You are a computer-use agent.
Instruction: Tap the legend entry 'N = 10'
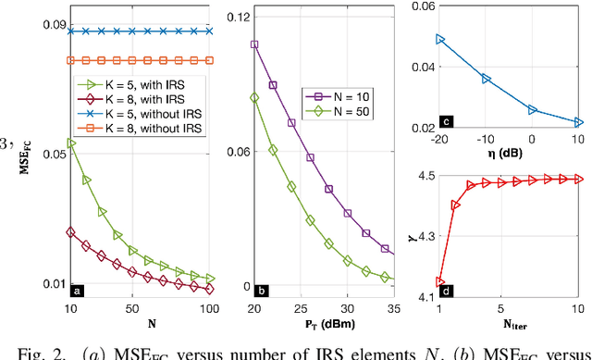[346, 94]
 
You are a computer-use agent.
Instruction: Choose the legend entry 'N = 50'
[346, 111]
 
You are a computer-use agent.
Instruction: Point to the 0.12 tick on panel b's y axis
[236, 18]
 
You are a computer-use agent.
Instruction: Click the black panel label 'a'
[78, 290]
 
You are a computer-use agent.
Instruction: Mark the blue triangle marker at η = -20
[440, 40]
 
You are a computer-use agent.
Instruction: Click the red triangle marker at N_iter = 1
[440, 281]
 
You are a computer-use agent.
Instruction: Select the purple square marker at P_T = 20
[254, 43]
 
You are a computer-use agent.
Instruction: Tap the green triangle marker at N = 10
[72, 143]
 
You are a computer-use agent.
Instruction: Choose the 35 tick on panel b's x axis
[392, 307]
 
